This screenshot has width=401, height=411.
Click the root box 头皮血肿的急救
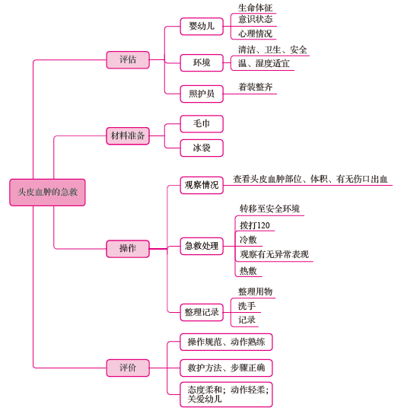(x=47, y=193)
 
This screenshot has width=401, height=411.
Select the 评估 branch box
(x=128, y=60)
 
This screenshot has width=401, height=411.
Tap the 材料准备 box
(x=128, y=135)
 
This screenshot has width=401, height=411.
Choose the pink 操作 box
(x=128, y=248)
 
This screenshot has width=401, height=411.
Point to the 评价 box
(x=128, y=368)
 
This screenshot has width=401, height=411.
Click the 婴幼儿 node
(x=202, y=26)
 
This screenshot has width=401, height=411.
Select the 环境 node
(x=202, y=62)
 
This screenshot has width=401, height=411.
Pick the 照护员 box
(x=202, y=94)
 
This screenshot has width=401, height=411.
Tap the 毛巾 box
(x=202, y=124)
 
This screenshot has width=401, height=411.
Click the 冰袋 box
(x=202, y=148)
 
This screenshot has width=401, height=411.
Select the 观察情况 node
(x=202, y=185)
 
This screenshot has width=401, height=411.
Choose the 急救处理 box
(x=202, y=246)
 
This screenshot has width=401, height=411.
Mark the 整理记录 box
(x=202, y=312)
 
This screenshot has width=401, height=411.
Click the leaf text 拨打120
(x=255, y=225)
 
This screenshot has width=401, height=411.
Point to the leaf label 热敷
(x=248, y=270)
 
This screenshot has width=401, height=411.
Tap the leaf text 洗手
(x=247, y=306)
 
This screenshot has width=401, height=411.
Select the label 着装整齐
(x=255, y=87)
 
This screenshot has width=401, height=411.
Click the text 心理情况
(x=255, y=33)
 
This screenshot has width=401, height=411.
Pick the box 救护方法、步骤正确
(x=226, y=368)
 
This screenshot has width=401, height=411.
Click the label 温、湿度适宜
(x=264, y=63)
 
